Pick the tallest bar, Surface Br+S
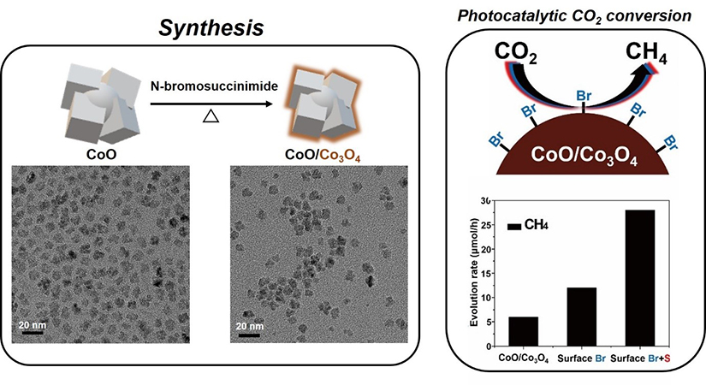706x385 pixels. (639, 274)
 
